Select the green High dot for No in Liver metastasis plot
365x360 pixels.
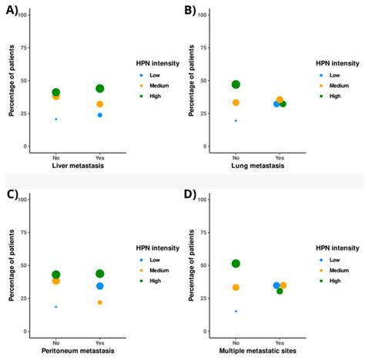tap(56, 93)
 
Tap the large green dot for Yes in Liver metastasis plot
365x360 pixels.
tap(100, 89)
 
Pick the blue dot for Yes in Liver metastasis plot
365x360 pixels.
tap(100, 115)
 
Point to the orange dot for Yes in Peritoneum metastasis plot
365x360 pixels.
tap(100, 302)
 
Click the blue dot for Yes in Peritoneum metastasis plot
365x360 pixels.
tap(100, 286)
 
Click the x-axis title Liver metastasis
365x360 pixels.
tap(78, 166)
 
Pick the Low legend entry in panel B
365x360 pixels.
tap(334, 75)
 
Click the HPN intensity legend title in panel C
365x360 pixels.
tap(155, 247)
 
